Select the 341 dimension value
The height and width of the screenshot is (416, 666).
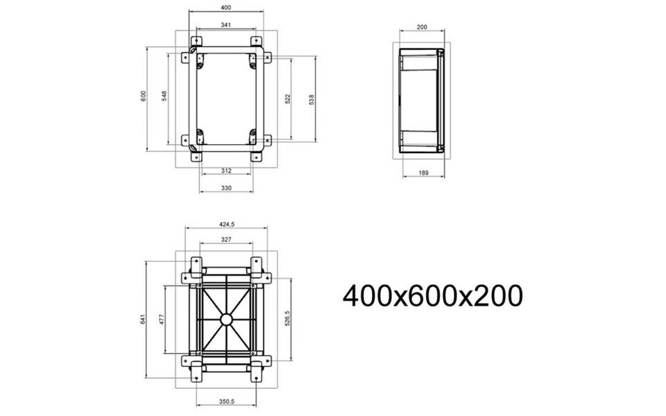coord(226,24)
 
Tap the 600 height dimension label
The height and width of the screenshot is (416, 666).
coord(143,95)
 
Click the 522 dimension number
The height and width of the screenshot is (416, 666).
coord(287,99)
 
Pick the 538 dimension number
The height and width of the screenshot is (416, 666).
coord(312,99)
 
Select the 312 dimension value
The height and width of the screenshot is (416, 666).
coord(226,170)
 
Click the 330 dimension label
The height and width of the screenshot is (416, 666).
coord(226,188)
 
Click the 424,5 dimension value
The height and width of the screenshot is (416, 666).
coord(227,223)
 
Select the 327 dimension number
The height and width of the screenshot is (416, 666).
coord(226,239)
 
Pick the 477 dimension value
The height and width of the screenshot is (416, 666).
coord(162,320)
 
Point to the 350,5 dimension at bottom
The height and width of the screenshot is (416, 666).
coord(226,400)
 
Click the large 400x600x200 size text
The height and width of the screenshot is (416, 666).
coord(432,297)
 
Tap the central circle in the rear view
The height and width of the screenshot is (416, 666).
coord(226,320)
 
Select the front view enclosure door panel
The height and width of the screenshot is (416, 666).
coord(226,99)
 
